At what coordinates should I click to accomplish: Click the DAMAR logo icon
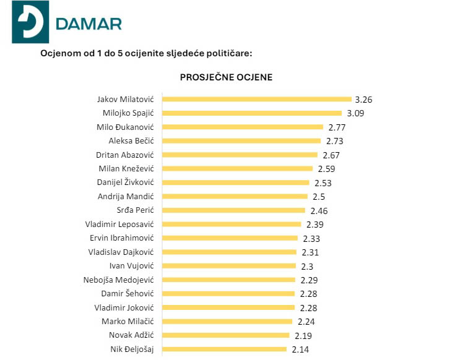pyautogui.click(x=30, y=23)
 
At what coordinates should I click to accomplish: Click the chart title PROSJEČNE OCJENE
pyautogui.click(x=226, y=77)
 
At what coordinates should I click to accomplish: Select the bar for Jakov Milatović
pyautogui.click(x=256, y=99)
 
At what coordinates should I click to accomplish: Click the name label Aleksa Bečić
pyautogui.click(x=131, y=141)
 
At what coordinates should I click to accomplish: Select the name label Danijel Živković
pyautogui.click(x=126, y=182)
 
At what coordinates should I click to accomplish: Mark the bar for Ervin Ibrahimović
pyautogui.click(x=229, y=238)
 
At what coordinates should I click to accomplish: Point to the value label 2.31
pyautogui.click(x=313, y=252)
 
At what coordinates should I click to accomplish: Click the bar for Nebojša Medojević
pyautogui.click(x=228, y=280)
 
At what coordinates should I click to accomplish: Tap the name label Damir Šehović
pyautogui.click(x=128, y=293)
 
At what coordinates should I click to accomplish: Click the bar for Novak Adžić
pyautogui.click(x=225, y=335)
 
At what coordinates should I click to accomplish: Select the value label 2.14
pyautogui.click(x=301, y=349)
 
